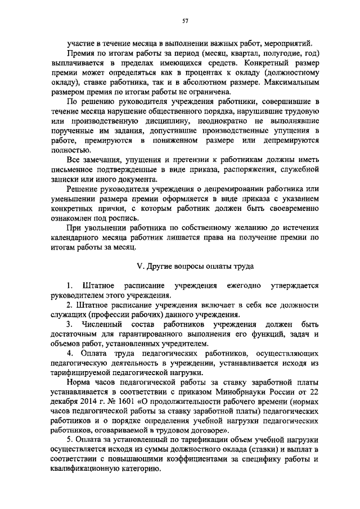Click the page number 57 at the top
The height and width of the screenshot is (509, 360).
point(184,21)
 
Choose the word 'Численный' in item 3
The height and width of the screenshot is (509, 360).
point(104,325)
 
